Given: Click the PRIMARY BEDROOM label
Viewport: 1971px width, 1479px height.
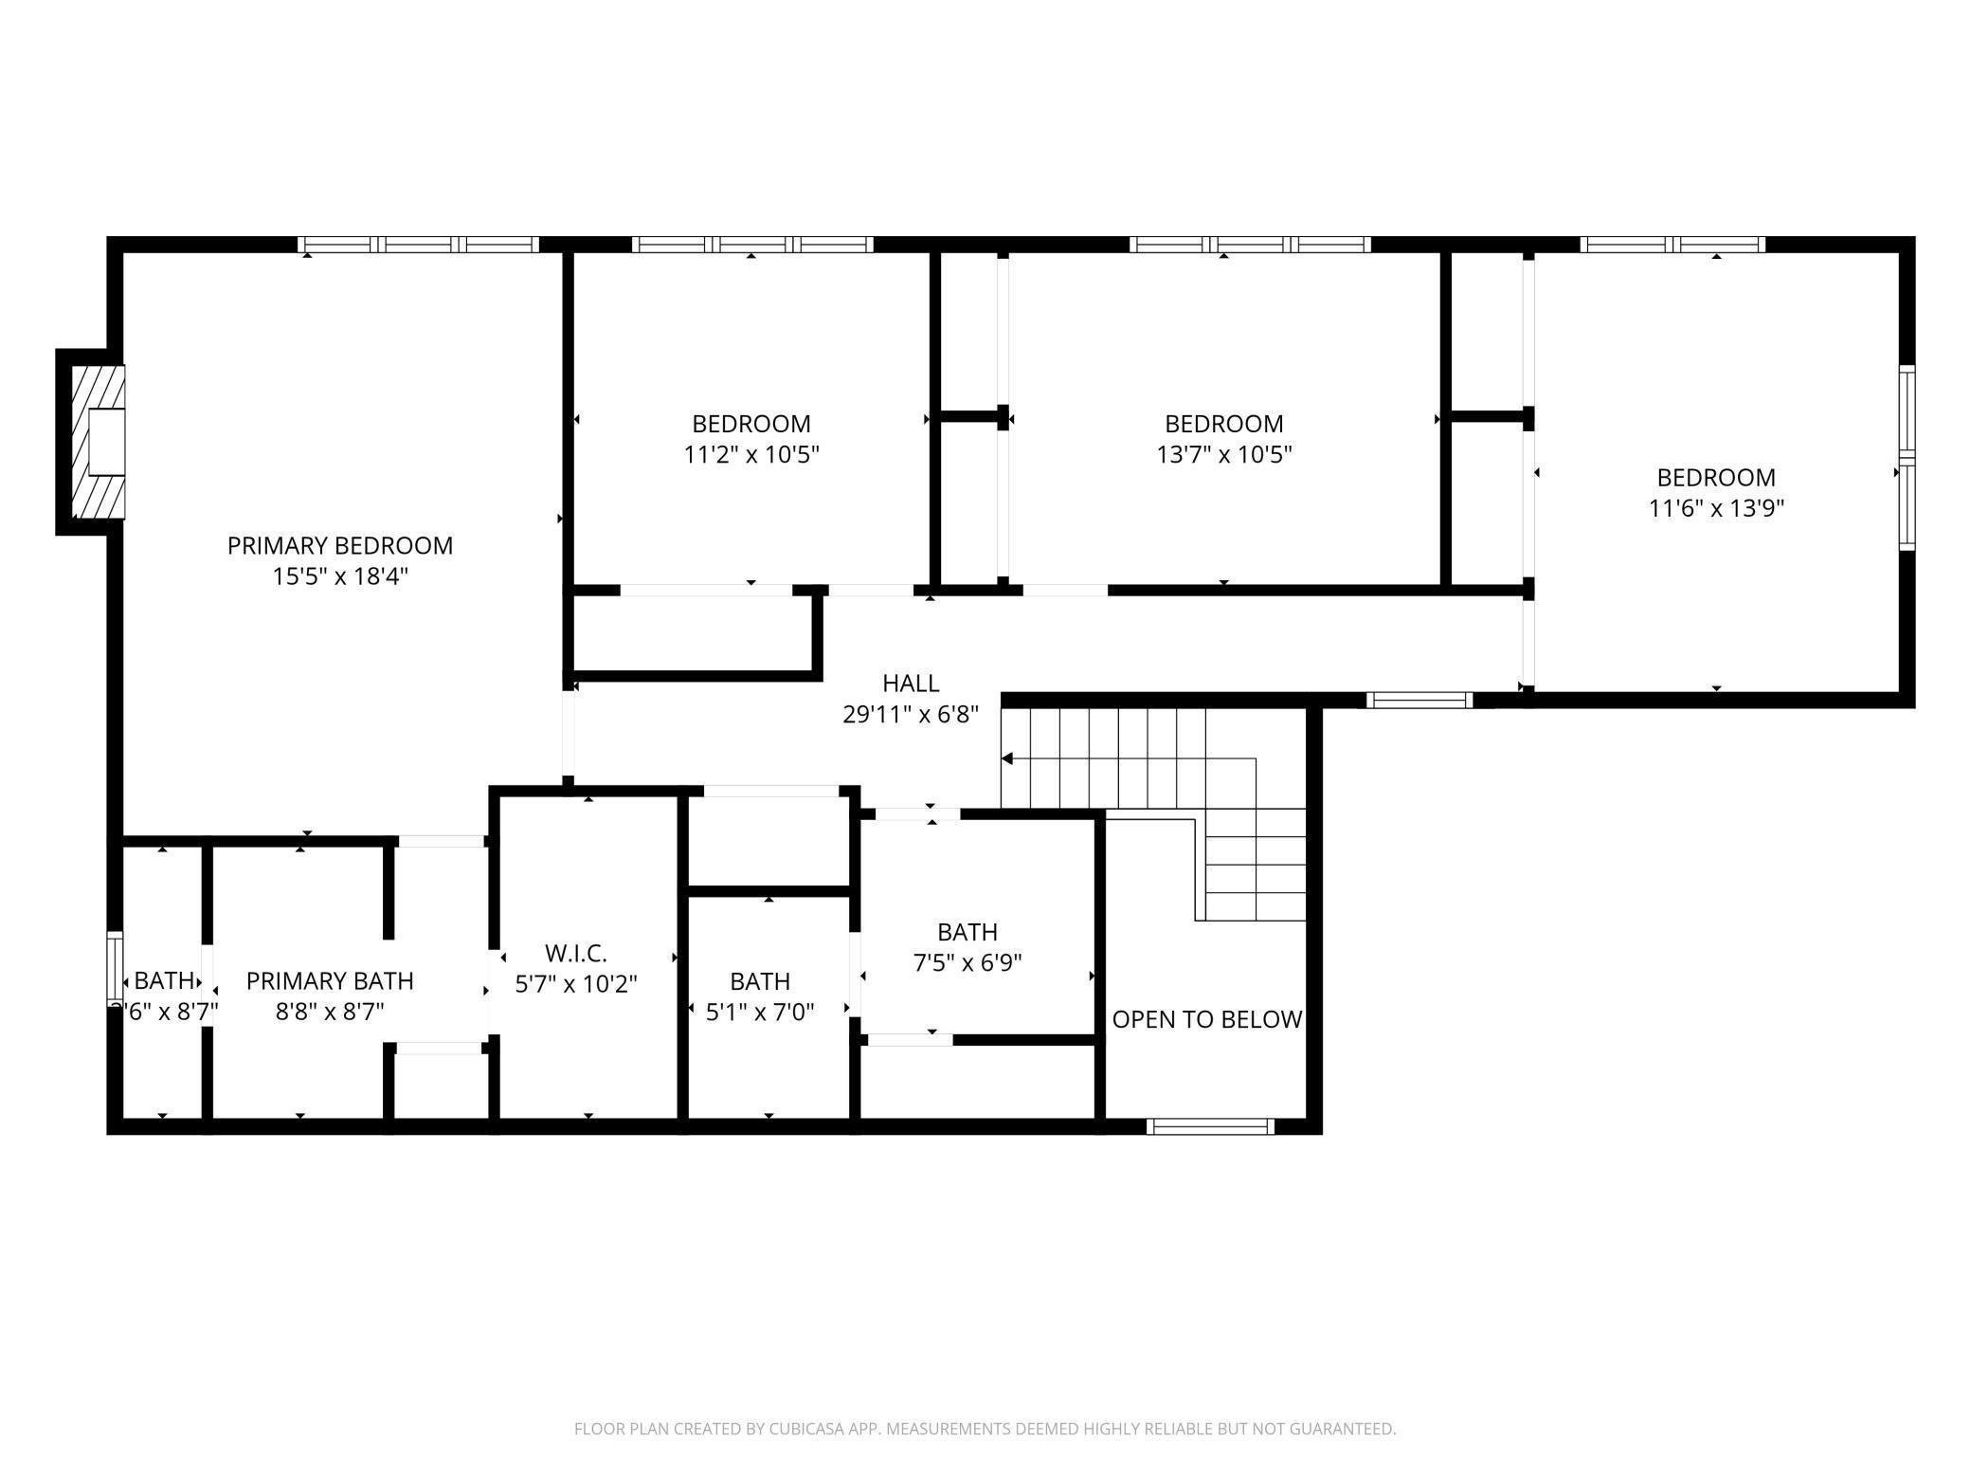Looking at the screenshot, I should pyautogui.click(x=339, y=545).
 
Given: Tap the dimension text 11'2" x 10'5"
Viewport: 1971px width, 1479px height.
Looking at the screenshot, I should pyautogui.click(x=750, y=454).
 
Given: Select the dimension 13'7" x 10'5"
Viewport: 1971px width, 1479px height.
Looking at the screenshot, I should pyautogui.click(x=1223, y=454).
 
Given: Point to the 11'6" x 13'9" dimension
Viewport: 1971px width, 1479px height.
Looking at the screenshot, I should pyautogui.click(x=1715, y=508).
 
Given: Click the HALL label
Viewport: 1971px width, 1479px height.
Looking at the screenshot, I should pyautogui.click(x=910, y=683).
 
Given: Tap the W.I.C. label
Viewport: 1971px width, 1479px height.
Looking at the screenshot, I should pyautogui.click(x=575, y=953).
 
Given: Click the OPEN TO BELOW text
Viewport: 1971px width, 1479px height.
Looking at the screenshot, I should pyautogui.click(x=1205, y=1019).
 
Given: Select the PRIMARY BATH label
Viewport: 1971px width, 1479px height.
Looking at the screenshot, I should pyautogui.click(x=330, y=980).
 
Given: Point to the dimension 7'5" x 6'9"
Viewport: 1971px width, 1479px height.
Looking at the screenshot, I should pyautogui.click(x=967, y=963).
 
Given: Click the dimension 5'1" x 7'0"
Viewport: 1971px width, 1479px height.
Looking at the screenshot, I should pyautogui.click(x=759, y=1012).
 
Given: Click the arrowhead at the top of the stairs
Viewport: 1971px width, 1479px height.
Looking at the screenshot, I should pyautogui.click(x=1007, y=758).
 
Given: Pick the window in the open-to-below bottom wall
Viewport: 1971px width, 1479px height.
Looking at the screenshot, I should pyautogui.click(x=1209, y=1126).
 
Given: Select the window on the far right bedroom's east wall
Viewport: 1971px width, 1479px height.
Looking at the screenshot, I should pyautogui.click(x=1907, y=458).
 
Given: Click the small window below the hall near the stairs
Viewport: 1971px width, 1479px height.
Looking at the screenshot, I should pyautogui.click(x=1419, y=701).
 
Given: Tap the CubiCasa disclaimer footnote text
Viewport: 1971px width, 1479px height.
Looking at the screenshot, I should pyautogui.click(x=985, y=1429).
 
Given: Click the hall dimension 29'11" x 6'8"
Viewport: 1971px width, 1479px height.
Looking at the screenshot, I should pyautogui.click(x=910, y=714).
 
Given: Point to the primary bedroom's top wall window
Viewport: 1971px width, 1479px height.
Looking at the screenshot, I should pyautogui.click(x=418, y=245).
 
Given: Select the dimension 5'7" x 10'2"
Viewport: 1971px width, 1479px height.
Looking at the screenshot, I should pyautogui.click(x=575, y=984).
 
